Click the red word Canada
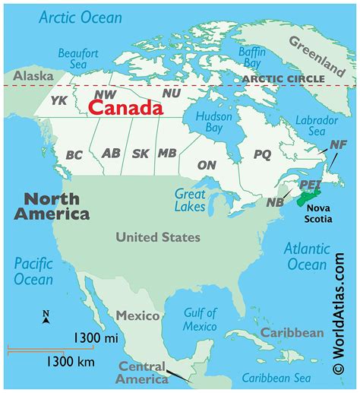(125, 108)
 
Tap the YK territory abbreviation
(58, 100)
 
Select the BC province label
(74, 155)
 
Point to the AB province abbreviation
(111, 154)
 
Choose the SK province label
(141, 154)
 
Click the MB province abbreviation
(167, 154)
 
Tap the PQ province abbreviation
(262, 154)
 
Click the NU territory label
(172, 92)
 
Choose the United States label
(158, 237)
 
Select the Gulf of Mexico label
(201, 320)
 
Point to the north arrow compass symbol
(46, 318)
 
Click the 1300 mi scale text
(97, 336)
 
